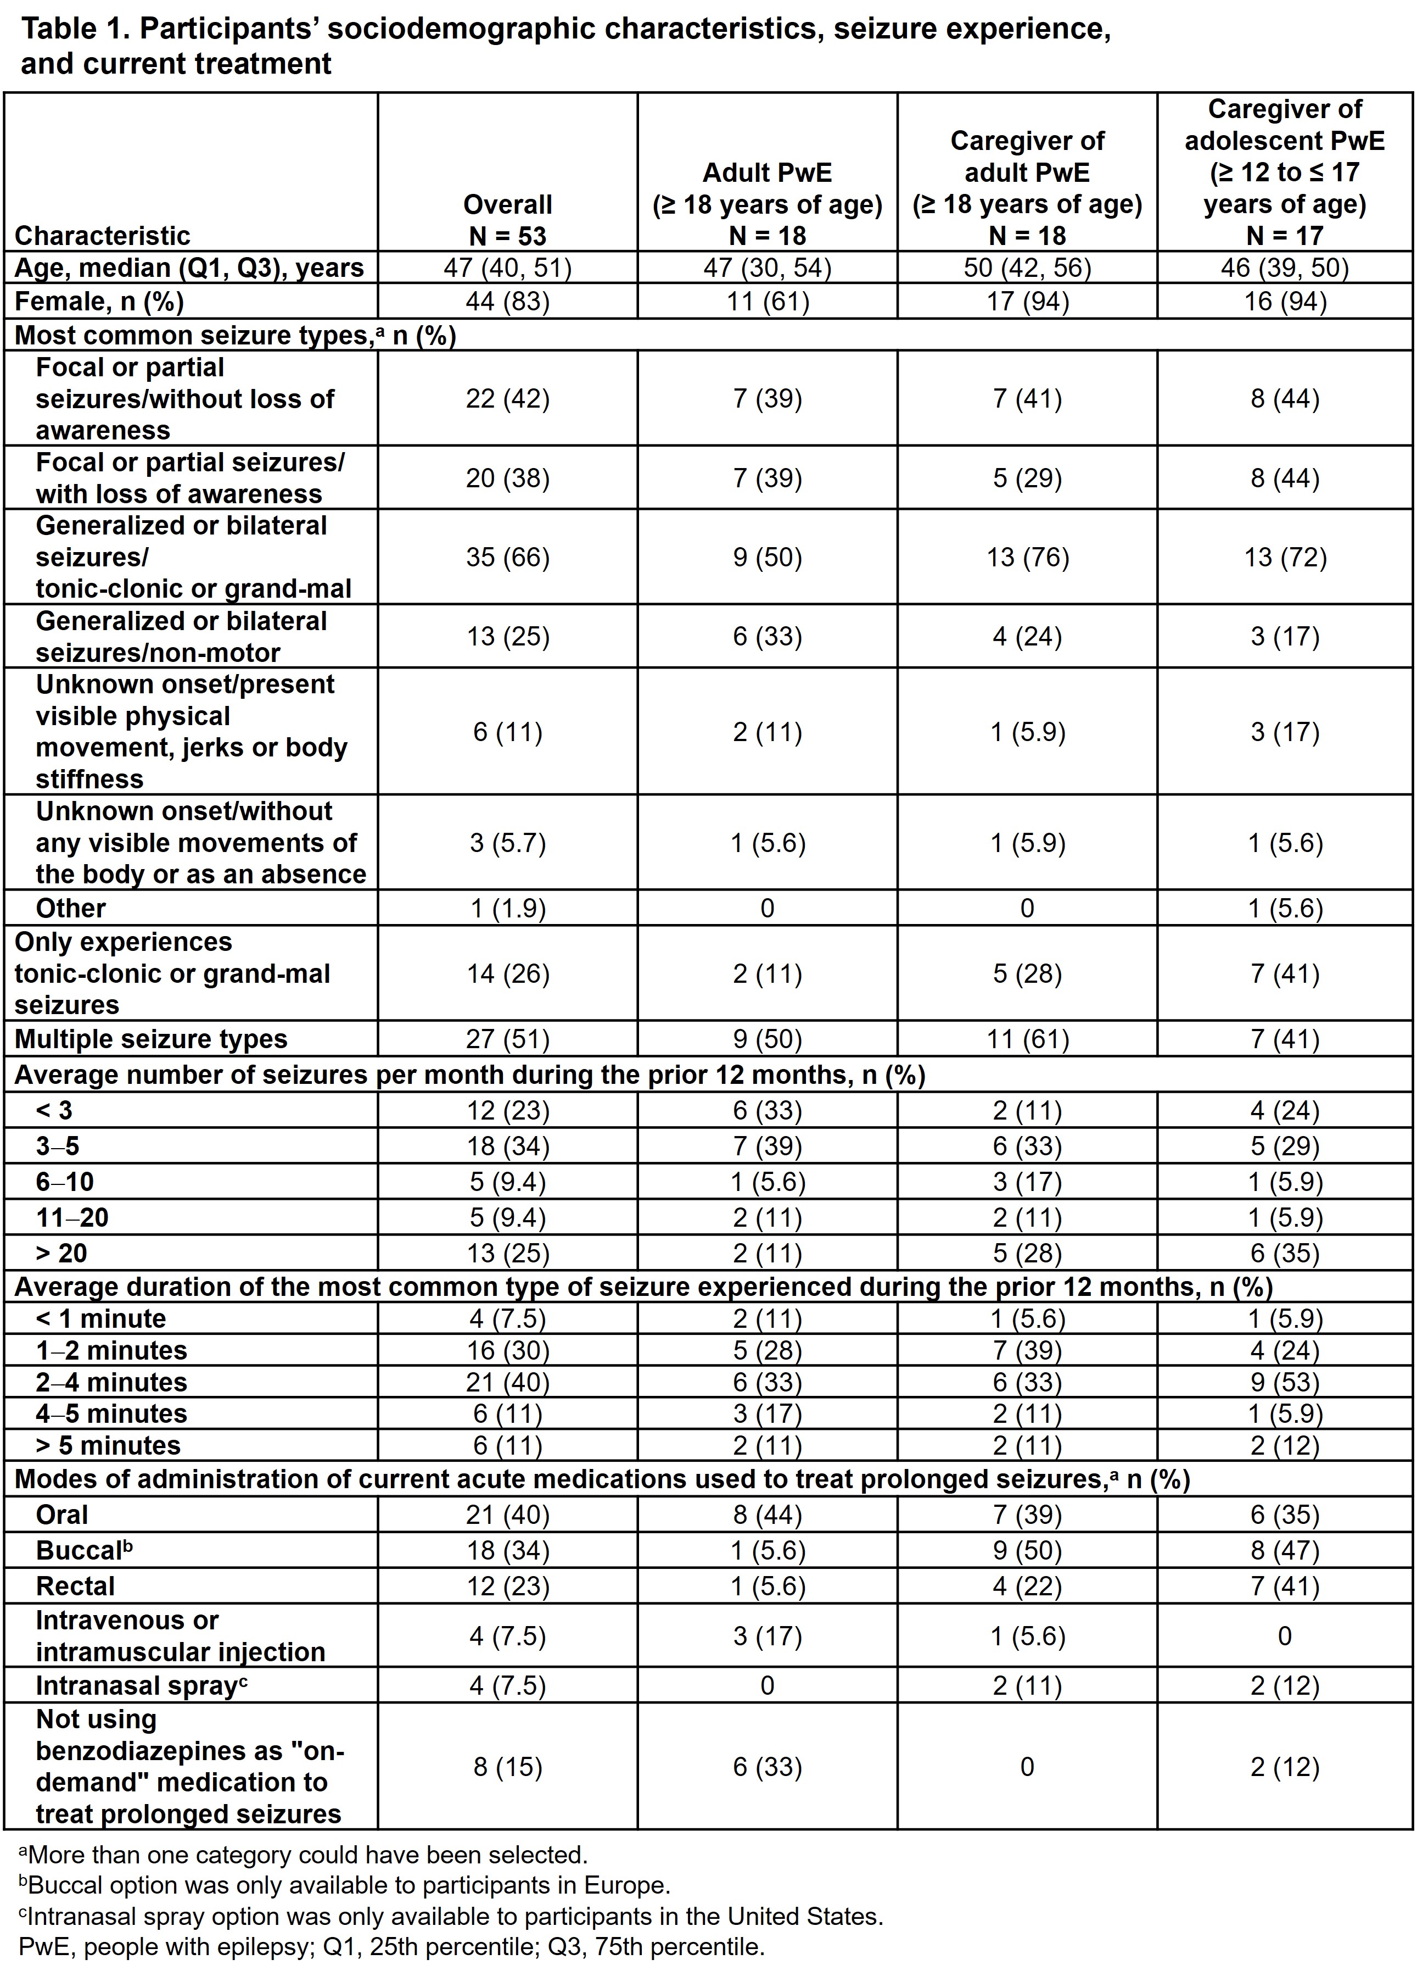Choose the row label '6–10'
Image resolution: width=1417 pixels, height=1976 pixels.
point(64,1182)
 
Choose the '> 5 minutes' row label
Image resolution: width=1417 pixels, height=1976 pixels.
point(108,1445)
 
